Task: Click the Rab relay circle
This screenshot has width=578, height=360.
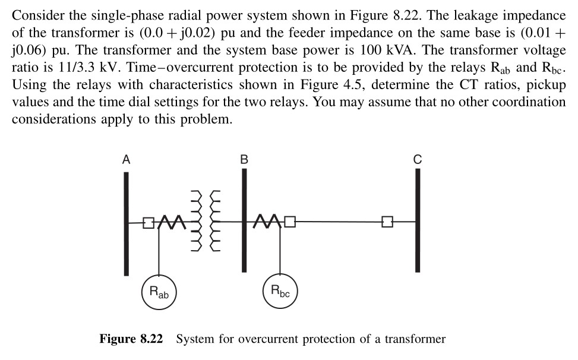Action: pos(159,292)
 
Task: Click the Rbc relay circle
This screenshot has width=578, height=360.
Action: pos(279,292)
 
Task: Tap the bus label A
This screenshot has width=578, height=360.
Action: pos(126,159)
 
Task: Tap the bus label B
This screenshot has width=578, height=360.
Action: pos(244,159)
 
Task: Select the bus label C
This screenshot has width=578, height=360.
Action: pos(417,159)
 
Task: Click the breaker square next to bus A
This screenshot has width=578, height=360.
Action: pos(148,223)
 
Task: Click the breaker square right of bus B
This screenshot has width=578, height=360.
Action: pos(290,223)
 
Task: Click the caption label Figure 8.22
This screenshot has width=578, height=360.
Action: pos(131,339)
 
